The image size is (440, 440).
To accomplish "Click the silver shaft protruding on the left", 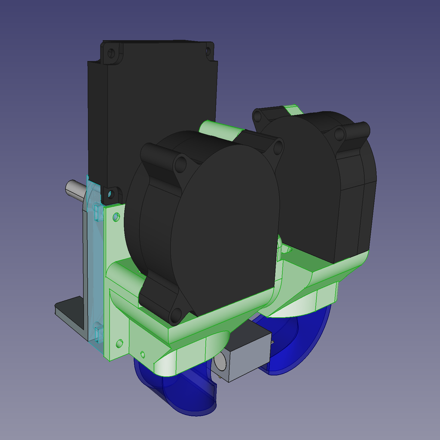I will coord(74,189).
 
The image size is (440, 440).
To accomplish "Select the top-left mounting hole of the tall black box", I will coord(111,53).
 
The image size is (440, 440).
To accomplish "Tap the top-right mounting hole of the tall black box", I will coord(208,52).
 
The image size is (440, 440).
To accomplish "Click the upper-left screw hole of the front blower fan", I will coord(180,165).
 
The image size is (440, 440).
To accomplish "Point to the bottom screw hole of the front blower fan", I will coord(176,316).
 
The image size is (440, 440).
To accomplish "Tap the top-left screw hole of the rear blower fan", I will coord(257,116).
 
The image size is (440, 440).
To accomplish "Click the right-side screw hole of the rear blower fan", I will coord(339,134).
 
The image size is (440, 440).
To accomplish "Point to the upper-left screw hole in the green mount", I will coord(116,217).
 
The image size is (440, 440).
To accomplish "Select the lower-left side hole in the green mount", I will coord(119,343).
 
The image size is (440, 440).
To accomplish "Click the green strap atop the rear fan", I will coord(293,109).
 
